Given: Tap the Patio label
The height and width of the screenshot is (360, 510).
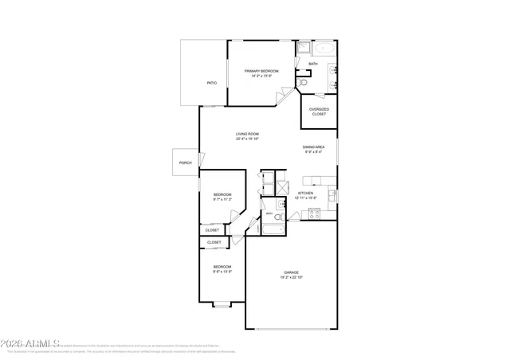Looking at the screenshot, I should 211,83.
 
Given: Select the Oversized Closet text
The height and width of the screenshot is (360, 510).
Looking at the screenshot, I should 319,112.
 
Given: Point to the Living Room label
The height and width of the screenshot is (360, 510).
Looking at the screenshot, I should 247,134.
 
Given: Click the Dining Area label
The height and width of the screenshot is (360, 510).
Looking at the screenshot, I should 313,147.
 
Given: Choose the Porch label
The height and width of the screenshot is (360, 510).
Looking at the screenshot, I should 185,162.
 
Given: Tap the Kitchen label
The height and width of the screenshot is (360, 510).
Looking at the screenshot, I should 305,193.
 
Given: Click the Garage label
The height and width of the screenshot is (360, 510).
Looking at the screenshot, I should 291,272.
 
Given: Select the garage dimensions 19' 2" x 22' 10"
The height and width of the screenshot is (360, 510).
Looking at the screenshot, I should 291,277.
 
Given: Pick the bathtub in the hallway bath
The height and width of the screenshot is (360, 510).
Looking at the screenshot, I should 272,230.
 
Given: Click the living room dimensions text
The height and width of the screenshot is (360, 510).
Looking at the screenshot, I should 247,139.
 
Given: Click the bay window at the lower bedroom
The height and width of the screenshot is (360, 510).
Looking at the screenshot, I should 222,303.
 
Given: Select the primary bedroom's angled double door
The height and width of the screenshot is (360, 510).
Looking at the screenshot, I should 281,98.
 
